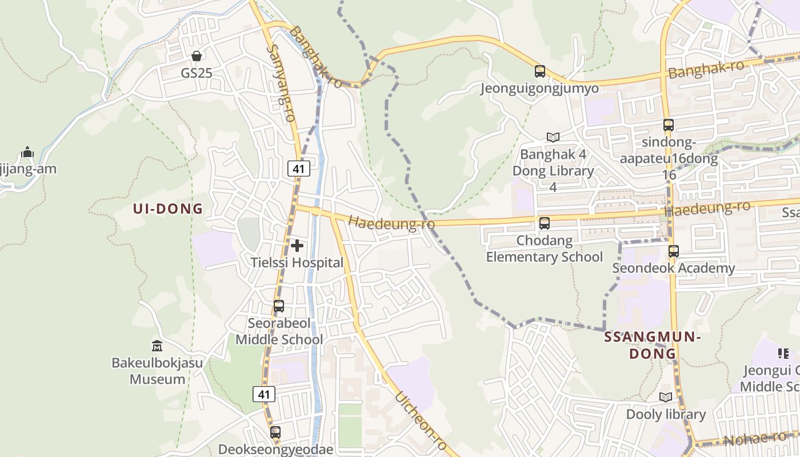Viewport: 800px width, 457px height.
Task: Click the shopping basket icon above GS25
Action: [197, 56]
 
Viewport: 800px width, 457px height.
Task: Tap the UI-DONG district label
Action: [168, 209]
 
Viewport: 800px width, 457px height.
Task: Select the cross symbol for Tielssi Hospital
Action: [297, 246]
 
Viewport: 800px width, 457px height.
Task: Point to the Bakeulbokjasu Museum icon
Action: [157, 346]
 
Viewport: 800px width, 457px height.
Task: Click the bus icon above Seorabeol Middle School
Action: [279, 306]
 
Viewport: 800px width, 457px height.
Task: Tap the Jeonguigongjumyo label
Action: [539, 88]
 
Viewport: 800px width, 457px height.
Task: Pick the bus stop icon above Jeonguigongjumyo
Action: [540, 71]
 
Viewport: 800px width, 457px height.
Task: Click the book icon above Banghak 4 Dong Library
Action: [553, 137]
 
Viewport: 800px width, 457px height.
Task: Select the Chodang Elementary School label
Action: [544, 248]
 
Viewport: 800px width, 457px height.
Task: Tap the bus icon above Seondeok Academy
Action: [674, 251]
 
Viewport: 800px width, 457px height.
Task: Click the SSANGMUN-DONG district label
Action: [653, 345]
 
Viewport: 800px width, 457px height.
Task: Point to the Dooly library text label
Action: [666, 414]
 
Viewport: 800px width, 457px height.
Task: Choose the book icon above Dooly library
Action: [665, 397]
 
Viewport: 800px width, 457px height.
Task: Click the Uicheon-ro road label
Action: [420, 421]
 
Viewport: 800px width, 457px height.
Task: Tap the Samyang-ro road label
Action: [281, 83]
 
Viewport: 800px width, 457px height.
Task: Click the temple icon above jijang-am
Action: [27, 152]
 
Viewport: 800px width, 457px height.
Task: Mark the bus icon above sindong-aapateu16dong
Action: [668, 125]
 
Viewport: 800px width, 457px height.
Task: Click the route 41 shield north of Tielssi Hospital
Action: [298, 168]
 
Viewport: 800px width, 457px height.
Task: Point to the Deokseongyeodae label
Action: [275, 449]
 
